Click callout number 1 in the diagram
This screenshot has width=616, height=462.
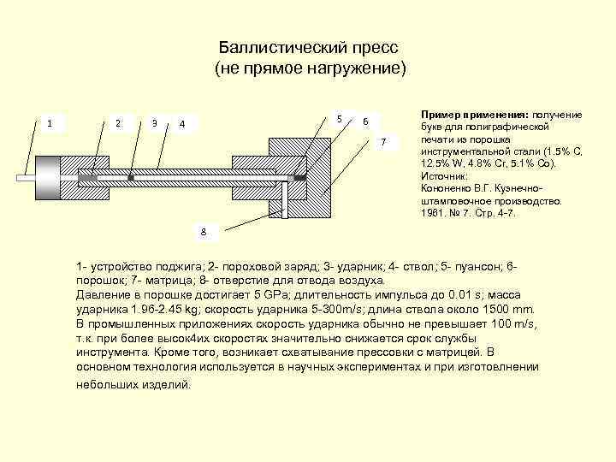(50, 123)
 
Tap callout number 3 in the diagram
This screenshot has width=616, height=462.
(154, 123)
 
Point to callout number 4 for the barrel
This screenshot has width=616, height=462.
(182, 125)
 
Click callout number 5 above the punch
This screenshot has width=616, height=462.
(340, 118)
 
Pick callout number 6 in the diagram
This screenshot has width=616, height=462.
(365, 121)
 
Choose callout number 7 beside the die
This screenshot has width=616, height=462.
(384, 140)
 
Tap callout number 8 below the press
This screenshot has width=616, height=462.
(204, 232)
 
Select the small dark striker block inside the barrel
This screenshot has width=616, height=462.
(131, 177)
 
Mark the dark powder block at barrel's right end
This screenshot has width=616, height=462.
(300, 177)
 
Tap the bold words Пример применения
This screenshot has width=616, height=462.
(473, 114)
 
